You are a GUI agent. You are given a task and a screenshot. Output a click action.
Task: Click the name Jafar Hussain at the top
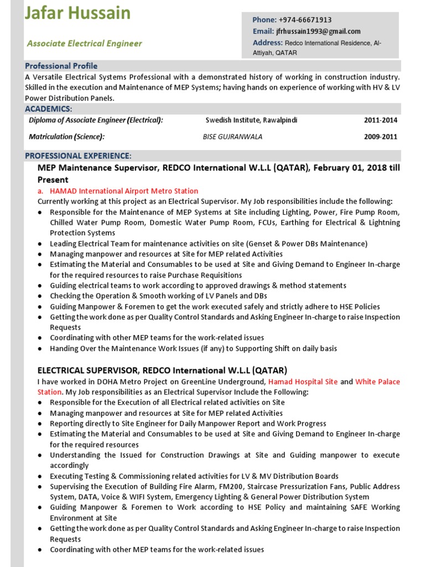[x=77, y=13]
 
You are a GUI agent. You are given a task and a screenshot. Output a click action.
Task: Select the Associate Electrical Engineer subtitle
[x=85, y=43]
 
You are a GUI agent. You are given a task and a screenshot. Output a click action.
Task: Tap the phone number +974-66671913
[x=305, y=20]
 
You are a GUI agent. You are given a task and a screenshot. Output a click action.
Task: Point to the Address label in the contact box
[x=268, y=43]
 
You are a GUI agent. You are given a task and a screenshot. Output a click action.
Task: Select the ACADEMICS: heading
[x=48, y=109]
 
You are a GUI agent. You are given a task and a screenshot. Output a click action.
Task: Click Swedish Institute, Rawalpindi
[x=251, y=120]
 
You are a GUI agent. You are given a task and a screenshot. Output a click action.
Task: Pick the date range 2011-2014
[x=380, y=120]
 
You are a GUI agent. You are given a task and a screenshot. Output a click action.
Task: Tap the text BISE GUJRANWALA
[x=232, y=137]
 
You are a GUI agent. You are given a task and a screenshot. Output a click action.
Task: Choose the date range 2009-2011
[x=380, y=137]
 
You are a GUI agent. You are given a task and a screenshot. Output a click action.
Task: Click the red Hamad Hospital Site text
[x=303, y=382]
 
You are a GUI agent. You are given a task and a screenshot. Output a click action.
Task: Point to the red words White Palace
[x=377, y=382]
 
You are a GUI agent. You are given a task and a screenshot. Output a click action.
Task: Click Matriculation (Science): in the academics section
[x=66, y=137]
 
